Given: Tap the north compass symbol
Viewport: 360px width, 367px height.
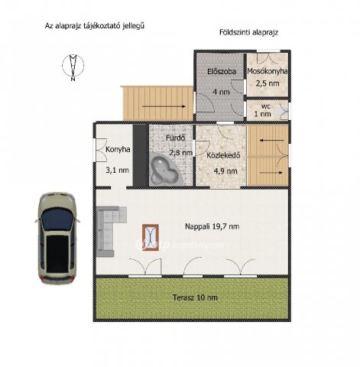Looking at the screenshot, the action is tap(73, 66).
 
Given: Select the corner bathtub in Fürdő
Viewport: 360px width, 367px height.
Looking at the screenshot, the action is tap(166, 168).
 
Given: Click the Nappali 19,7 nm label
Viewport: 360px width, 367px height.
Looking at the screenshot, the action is tap(212, 226).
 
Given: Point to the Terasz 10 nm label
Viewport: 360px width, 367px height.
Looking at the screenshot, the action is tap(195, 297).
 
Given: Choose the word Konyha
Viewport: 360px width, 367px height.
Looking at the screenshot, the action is tap(118, 149).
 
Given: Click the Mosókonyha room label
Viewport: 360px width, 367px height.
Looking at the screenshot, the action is tap(268, 71).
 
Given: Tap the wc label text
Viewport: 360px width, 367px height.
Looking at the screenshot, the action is tap(266, 106).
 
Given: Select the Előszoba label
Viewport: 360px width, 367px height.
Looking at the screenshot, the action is tap(222, 71).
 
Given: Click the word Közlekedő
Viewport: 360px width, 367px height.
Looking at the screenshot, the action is tap(223, 155).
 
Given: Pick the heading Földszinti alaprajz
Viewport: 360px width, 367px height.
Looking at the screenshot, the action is tap(248, 33).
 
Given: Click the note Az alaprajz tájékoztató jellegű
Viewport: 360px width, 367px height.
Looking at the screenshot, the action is tap(95, 26).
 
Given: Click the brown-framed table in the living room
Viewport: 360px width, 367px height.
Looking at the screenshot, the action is tap(151, 237).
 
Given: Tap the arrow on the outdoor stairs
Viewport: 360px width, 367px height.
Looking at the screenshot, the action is tap(164, 106).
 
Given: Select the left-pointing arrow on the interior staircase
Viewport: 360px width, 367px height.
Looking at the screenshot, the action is tap(271, 140).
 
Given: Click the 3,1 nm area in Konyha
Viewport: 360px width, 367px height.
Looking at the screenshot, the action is tap(117, 170).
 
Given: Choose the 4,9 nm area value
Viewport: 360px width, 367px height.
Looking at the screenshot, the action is tap(225, 171).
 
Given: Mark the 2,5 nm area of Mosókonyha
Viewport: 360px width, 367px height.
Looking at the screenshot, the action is tap(268, 83).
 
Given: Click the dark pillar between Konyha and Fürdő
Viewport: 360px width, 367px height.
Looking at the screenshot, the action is tap(141, 155).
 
